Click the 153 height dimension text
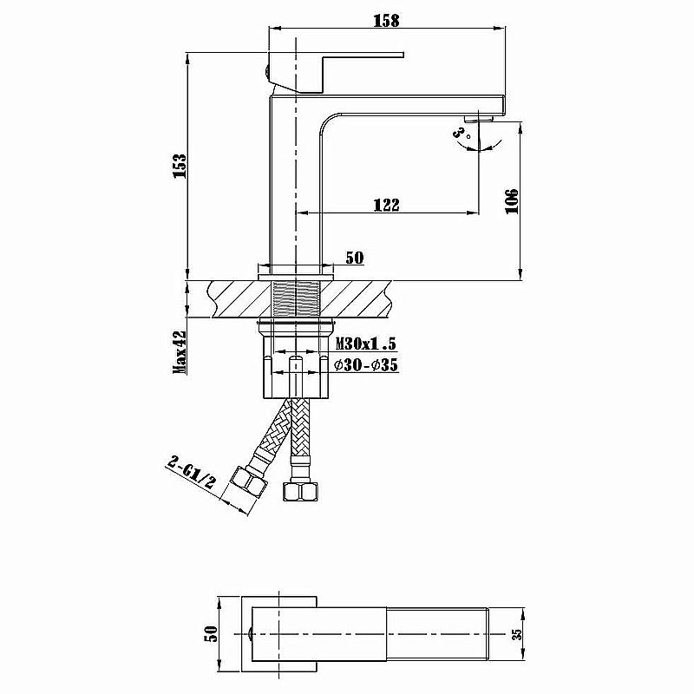click(x=180, y=166)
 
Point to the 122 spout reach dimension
click(x=386, y=205)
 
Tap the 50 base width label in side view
click(x=355, y=258)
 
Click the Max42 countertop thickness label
click(x=180, y=351)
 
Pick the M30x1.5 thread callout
click(x=365, y=346)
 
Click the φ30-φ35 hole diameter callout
click(x=365, y=366)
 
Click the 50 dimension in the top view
click(x=209, y=635)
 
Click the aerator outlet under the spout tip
click(x=477, y=116)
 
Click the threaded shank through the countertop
click(x=296, y=300)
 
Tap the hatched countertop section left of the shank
click(x=234, y=300)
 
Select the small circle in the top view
click(x=251, y=635)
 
